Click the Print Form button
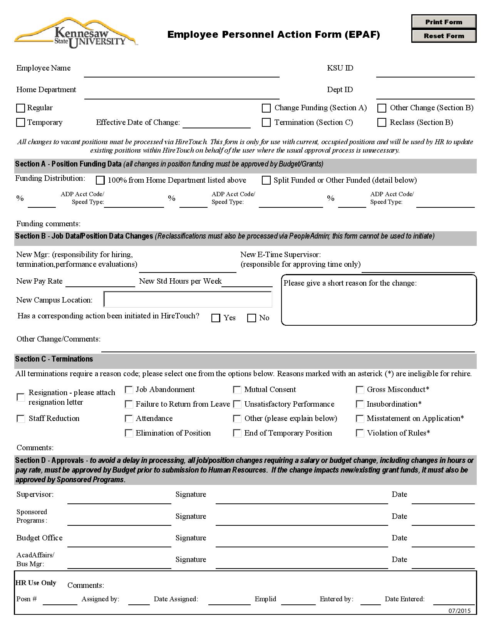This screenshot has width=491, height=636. [x=444, y=22]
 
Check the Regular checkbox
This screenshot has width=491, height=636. [x=21, y=108]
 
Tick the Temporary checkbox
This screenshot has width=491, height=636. [x=21, y=123]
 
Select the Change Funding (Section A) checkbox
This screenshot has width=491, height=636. [x=266, y=108]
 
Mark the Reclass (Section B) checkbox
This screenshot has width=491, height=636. [x=382, y=123]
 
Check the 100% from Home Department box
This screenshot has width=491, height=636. [x=100, y=180]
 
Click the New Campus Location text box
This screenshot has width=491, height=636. [x=188, y=299]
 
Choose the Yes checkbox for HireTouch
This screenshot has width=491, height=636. [x=216, y=318]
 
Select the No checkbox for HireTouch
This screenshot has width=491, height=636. [x=251, y=318]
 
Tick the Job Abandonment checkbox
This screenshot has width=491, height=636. [x=129, y=390]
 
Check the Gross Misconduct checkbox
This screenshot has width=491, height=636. [x=360, y=390]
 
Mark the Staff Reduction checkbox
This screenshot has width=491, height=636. [x=21, y=419]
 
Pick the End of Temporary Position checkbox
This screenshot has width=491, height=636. [x=237, y=433]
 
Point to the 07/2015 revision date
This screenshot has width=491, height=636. [x=459, y=611]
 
